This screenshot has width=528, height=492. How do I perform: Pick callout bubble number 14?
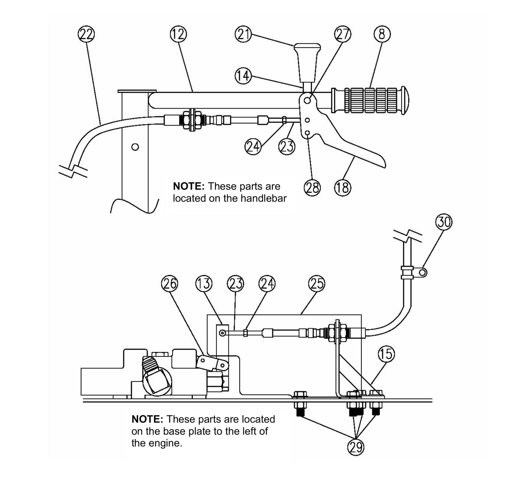(243, 76)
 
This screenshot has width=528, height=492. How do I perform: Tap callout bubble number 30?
(444, 222)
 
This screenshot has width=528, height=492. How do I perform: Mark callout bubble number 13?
(204, 284)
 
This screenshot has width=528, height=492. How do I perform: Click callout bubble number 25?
(316, 284)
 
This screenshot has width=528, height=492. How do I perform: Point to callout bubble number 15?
(387, 353)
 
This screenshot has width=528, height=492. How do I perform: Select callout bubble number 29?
(356, 447)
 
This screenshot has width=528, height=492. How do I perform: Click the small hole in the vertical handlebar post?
(135, 147)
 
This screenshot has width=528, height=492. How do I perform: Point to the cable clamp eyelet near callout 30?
(423, 272)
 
